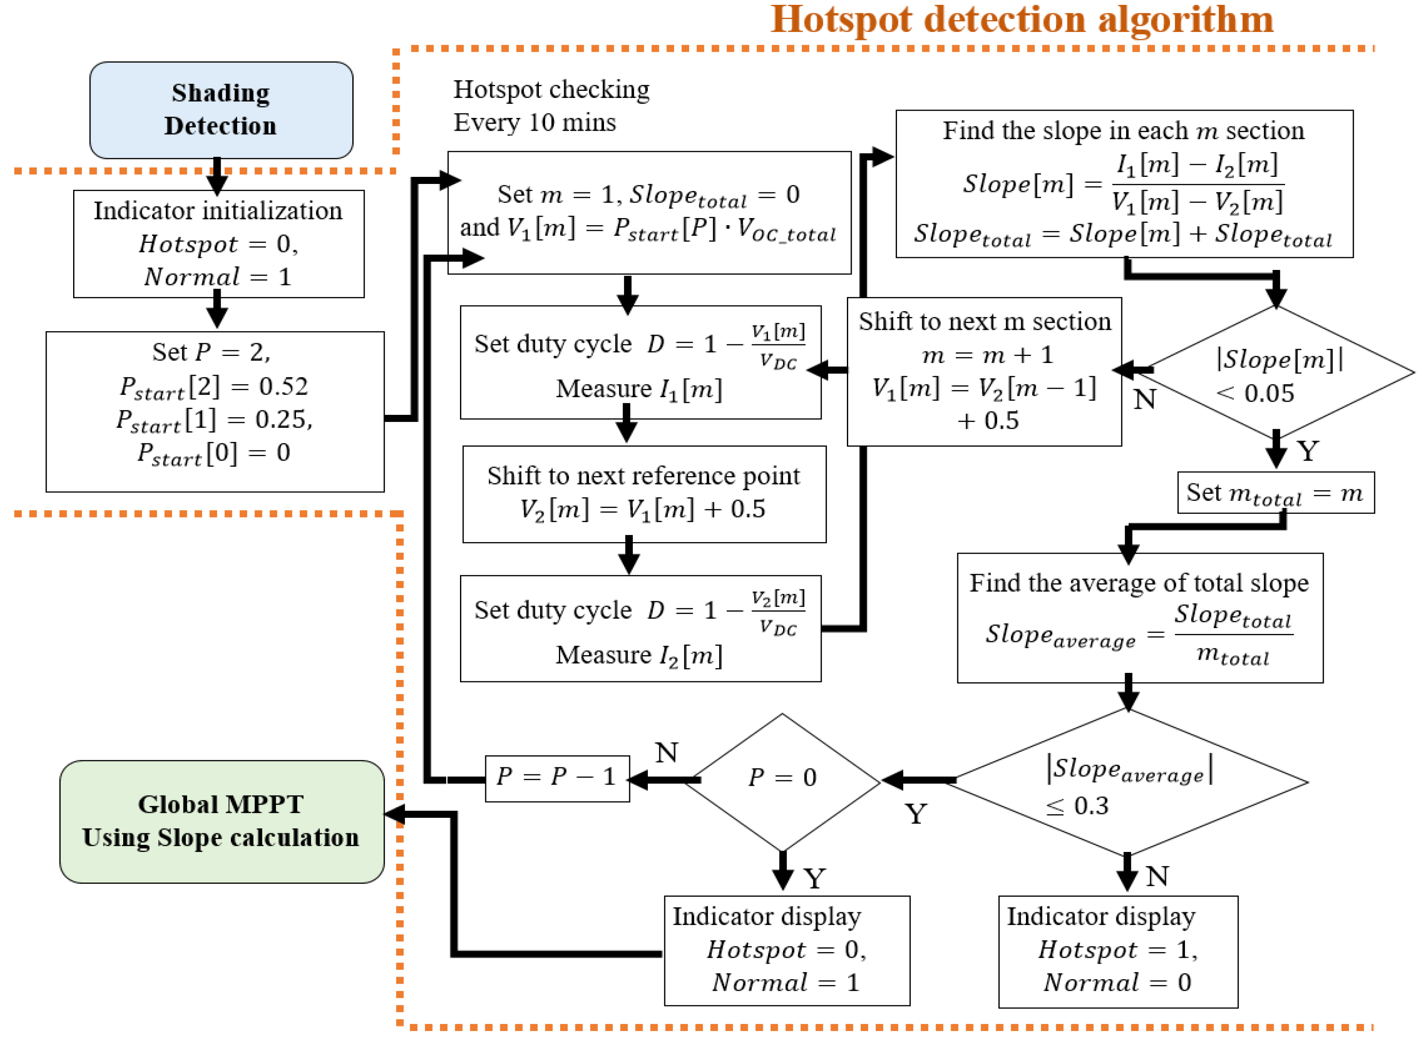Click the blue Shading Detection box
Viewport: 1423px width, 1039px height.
pyautogui.click(x=221, y=110)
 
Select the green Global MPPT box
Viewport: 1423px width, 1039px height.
pyautogui.click(x=221, y=821)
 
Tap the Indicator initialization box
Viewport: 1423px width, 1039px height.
pyautogui.click(x=218, y=244)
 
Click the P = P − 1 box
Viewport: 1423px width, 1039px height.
pyautogui.click(x=557, y=778)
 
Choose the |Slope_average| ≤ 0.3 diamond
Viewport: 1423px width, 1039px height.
pyautogui.click(x=1129, y=783)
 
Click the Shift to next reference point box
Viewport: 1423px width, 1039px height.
pyautogui.click(x=644, y=494)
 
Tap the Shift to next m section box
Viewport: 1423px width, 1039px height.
pyautogui.click(x=984, y=371)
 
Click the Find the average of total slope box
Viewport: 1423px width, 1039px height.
pyautogui.click(x=1139, y=617)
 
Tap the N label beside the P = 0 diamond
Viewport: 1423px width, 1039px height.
pyautogui.click(x=667, y=752)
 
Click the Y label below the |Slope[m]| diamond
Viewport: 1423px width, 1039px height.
pyautogui.click(x=1307, y=451)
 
